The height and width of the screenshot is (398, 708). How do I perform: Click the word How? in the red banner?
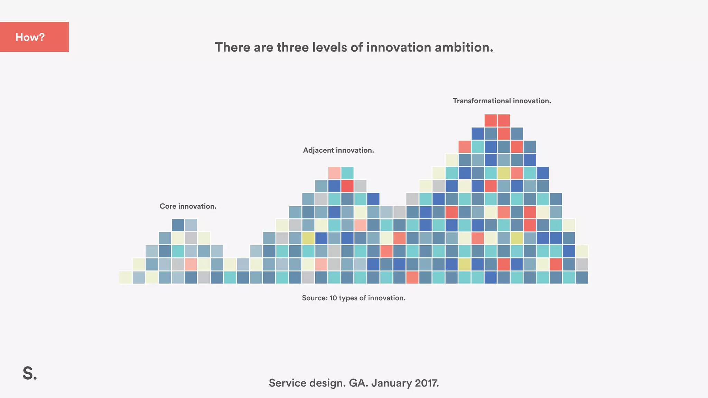(30, 37)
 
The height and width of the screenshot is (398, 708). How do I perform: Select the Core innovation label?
(188, 206)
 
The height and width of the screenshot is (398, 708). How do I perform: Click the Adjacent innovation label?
(338, 150)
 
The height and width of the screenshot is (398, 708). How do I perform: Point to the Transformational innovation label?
(502, 101)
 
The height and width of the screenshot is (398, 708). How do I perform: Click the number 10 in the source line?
(333, 298)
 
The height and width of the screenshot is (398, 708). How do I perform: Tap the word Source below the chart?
(314, 298)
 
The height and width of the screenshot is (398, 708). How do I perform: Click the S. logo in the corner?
(30, 373)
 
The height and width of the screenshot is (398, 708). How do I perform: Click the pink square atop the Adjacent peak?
(334, 173)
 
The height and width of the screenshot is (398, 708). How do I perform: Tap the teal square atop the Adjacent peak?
(347, 173)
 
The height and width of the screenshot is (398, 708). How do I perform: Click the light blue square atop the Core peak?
(191, 225)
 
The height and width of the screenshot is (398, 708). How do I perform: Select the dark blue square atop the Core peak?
(178, 225)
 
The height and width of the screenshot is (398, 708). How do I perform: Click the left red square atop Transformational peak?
(491, 120)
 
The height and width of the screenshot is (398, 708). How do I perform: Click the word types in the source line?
(348, 298)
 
